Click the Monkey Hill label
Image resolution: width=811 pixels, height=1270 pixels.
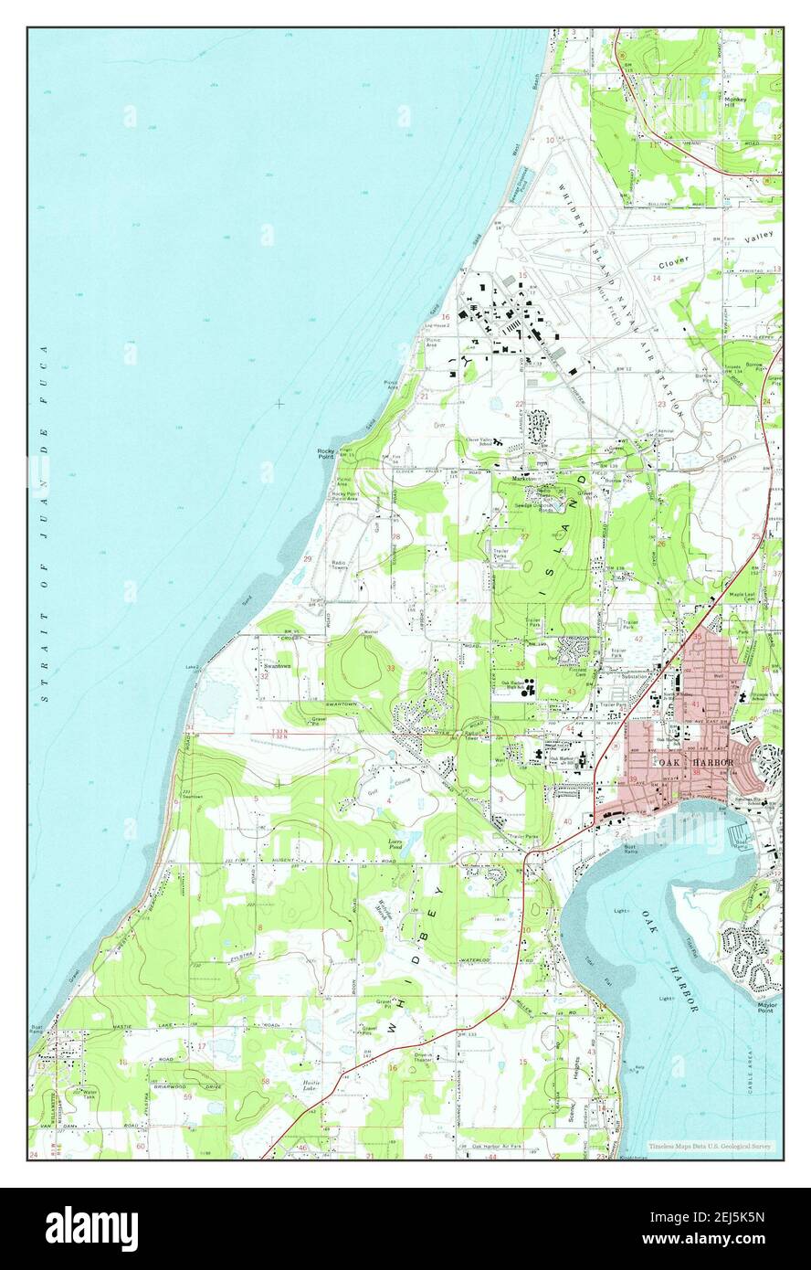(735, 101)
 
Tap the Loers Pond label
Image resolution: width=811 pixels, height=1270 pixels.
(395, 845)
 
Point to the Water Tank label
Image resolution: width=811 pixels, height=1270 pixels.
(90, 1093)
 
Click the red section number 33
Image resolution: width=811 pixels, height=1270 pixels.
(391, 669)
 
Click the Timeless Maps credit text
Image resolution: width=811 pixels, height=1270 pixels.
(710, 1146)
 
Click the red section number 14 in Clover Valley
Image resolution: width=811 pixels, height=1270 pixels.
(656, 278)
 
